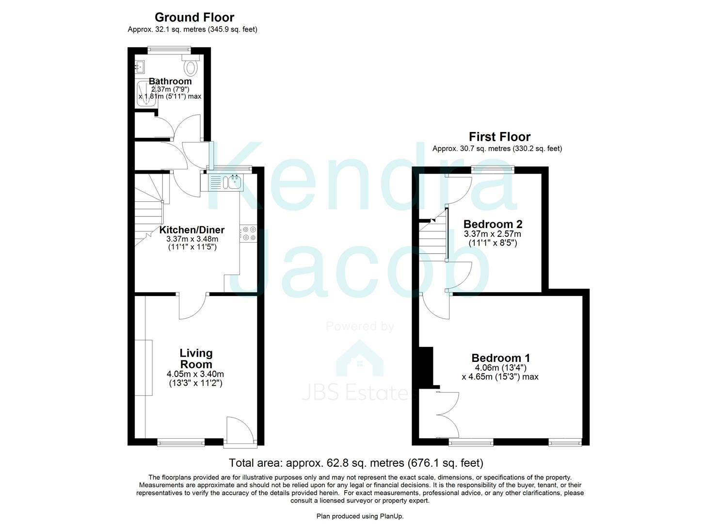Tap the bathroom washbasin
(x=140, y=66)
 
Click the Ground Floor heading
(x=194, y=17)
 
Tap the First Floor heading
(x=499, y=137)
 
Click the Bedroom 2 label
(x=493, y=224)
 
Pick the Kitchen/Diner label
(x=192, y=229)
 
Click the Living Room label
(x=196, y=359)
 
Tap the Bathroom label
(x=170, y=81)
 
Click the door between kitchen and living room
(x=193, y=306)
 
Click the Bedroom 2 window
(x=493, y=168)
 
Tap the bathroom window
(x=169, y=49)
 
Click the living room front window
(x=181, y=442)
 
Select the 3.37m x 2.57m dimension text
(x=493, y=234)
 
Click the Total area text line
(x=356, y=462)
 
